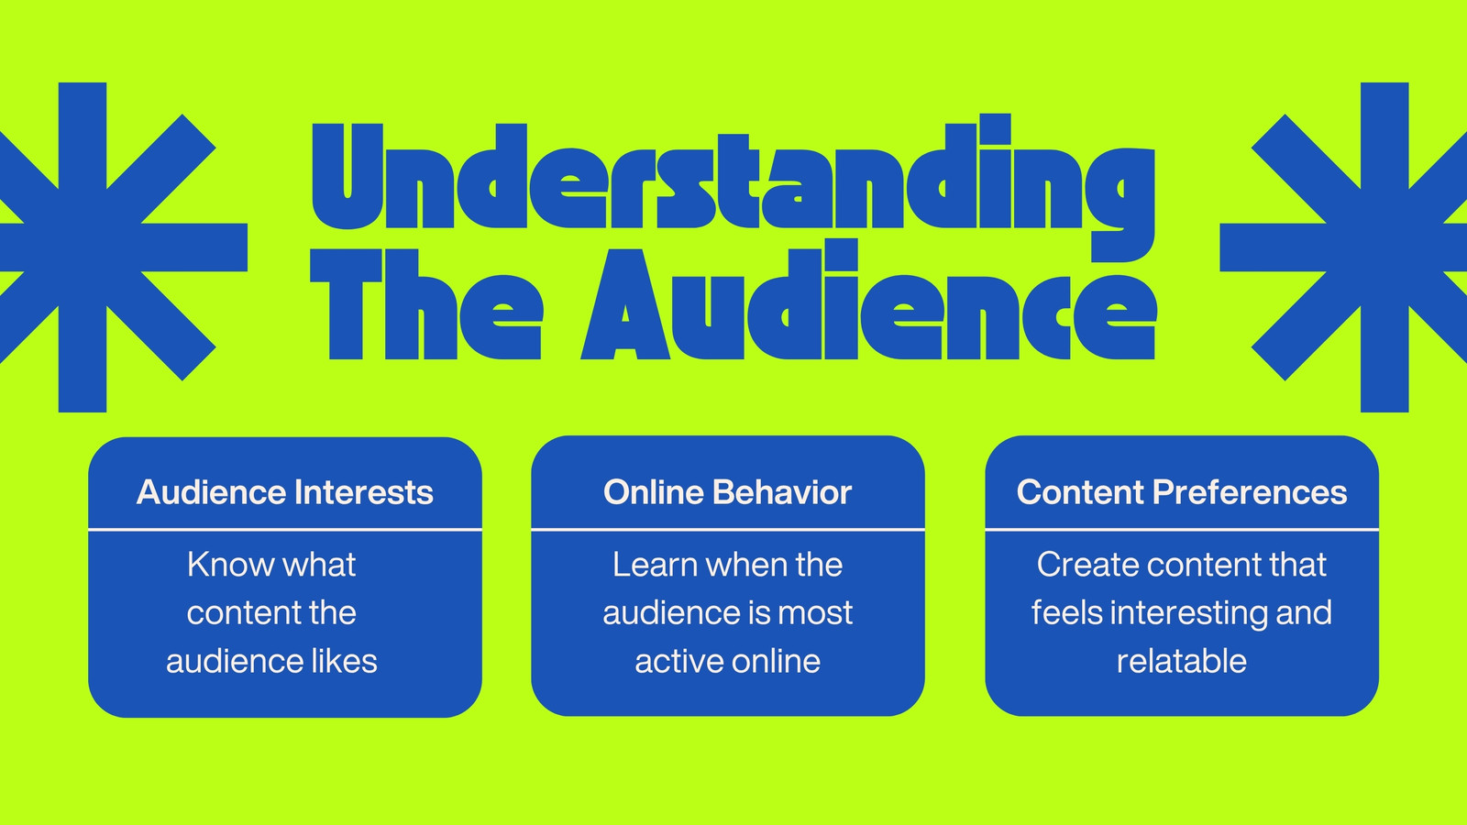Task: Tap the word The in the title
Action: click(x=426, y=303)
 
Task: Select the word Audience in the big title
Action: click(x=868, y=299)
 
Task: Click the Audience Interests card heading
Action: click(x=285, y=492)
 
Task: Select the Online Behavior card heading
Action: click(x=728, y=492)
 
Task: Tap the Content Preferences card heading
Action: click(x=1182, y=492)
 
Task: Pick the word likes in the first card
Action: click(x=344, y=661)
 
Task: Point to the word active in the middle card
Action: click(x=678, y=661)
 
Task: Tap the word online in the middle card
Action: click(x=776, y=661)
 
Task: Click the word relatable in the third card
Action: click(x=1182, y=661)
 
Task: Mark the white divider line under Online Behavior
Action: click(x=728, y=529)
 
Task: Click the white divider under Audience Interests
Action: click(x=285, y=529)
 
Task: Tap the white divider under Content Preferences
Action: click(x=1182, y=529)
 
